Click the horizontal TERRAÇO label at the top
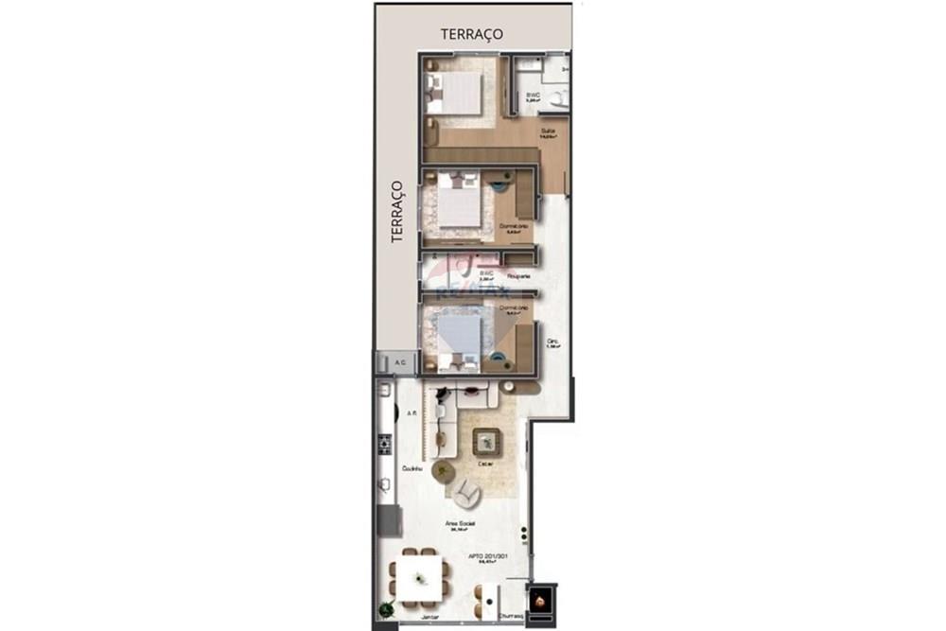[x=471, y=34]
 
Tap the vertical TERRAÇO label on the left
[x=398, y=212]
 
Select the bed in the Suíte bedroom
[x=459, y=94]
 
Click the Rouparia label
[x=517, y=276]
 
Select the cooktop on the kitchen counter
[x=385, y=442]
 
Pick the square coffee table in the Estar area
[x=488, y=439]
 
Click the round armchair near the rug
[x=464, y=492]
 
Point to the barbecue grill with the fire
[x=540, y=600]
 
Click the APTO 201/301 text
[x=489, y=556]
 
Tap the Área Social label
[x=460, y=523]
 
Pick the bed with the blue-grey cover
[x=459, y=333]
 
